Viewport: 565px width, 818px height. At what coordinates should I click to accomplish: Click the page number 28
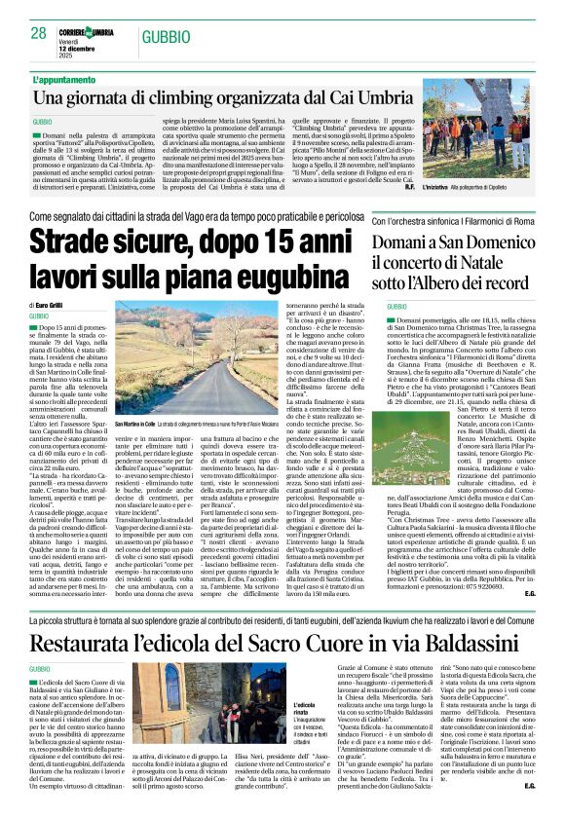38,32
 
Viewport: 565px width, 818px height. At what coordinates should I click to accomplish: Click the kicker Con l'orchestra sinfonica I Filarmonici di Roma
456,223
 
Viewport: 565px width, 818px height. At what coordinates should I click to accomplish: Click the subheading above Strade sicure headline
195,216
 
